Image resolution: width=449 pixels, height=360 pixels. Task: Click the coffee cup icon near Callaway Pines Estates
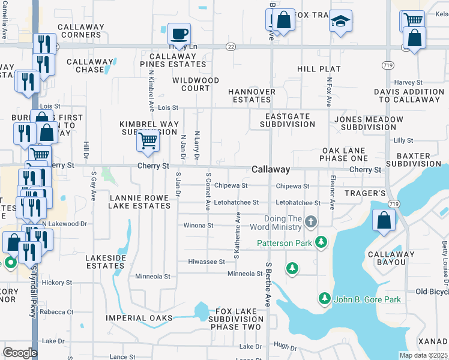pos(178,34)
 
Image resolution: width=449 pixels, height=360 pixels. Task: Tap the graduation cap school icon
pos(340,22)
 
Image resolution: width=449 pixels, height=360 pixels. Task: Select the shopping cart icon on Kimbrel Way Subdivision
pos(148,141)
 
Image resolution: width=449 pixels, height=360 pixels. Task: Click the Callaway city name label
pos(271,170)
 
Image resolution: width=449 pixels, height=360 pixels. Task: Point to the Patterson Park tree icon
pos(322,242)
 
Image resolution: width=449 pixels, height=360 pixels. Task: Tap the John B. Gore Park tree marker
pos(325,298)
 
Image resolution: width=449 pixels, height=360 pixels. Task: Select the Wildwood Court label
pos(196,84)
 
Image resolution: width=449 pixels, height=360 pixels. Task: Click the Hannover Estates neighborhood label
pos(252,95)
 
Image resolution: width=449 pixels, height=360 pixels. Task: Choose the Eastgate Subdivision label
pos(288,120)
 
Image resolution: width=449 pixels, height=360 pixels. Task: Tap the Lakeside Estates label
pos(106,261)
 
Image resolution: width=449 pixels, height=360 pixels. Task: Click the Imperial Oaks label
pos(139,318)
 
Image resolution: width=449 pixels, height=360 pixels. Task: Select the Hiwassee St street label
pos(206,262)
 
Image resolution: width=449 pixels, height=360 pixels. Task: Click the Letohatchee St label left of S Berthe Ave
pos(236,203)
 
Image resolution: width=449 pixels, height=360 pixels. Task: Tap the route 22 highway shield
pos(231,46)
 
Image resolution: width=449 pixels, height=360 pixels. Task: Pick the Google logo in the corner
pos(20,353)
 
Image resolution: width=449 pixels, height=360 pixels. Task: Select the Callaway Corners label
pos(80,31)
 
